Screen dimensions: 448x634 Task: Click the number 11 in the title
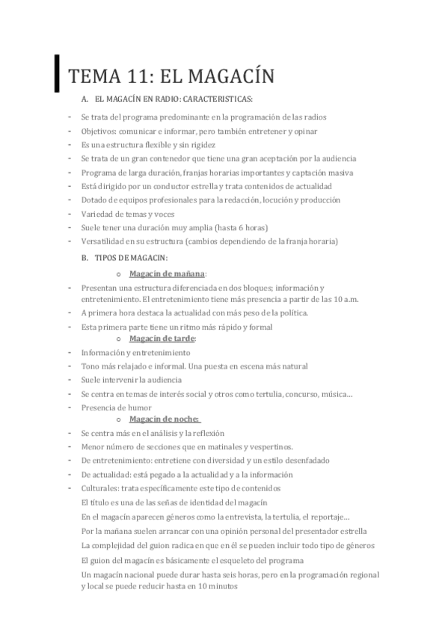[136, 76]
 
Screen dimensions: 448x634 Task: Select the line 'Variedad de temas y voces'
[124, 214]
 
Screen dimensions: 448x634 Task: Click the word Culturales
[99, 487]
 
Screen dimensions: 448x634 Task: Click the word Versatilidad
[104, 241]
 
